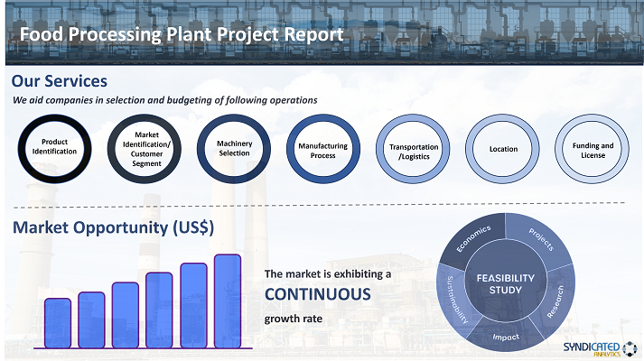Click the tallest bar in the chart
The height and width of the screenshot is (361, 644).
[x=228, y=301]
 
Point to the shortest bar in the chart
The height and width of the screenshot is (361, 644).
[x=58, y=323]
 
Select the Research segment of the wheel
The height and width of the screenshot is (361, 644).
[x=556, y=301]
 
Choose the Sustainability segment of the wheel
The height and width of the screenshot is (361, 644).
[x=453, y=300]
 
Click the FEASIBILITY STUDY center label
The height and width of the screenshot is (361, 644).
[x=506, y=284]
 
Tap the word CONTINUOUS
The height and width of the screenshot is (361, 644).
[x=317, y=294]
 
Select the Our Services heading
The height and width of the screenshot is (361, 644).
[x=59, y=81]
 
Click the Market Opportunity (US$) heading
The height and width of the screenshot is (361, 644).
[x=114, y=227]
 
